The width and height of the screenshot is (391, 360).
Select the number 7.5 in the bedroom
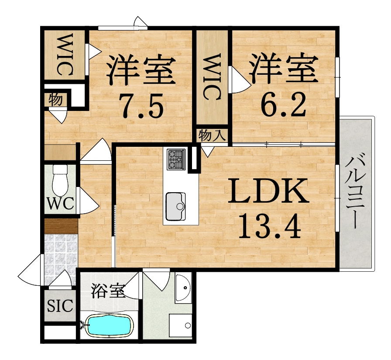click(141, 106)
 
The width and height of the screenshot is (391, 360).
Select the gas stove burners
click(175, 159)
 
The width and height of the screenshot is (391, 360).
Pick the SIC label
click(59, 306)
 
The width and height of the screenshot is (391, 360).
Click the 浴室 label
click(108, 291)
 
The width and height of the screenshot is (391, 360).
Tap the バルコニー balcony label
click(356, 192)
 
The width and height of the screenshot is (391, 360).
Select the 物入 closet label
click(212, 135)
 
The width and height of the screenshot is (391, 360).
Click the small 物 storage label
click(55, 100)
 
